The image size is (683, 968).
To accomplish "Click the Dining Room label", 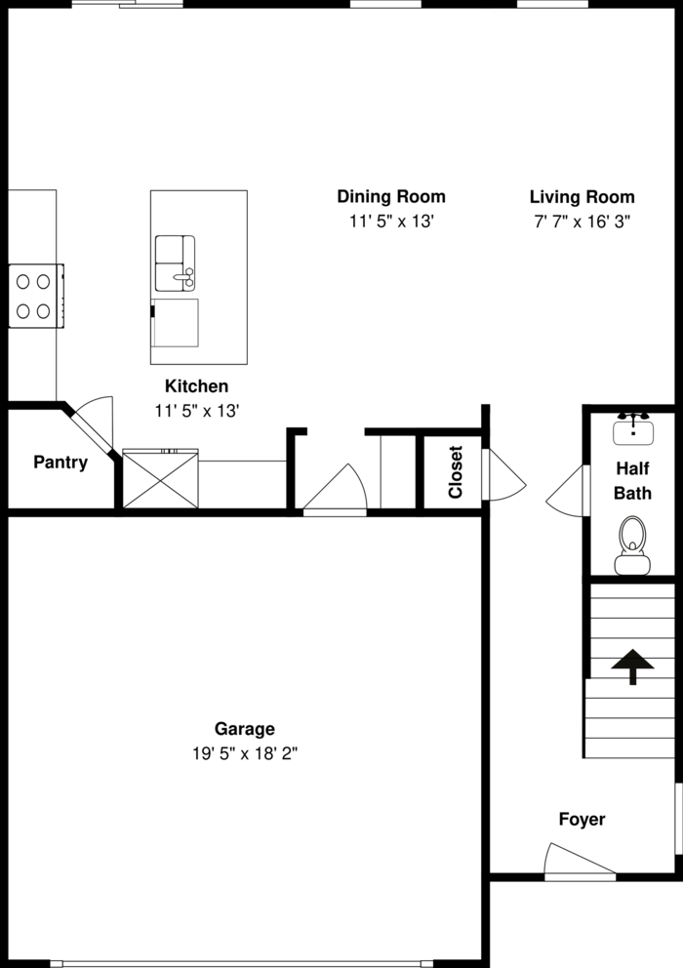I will click(390, 196).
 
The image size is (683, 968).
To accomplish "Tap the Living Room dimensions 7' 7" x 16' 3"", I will click(582, 222).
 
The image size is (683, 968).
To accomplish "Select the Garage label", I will click(244, 728).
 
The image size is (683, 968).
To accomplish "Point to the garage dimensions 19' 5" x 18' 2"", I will click(244, 753).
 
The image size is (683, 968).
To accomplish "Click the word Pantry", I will click(60, 463).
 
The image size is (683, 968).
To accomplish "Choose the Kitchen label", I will click(196, 386).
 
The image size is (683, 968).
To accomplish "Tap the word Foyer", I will click(582, 820).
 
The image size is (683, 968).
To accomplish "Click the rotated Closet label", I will click(456, 472).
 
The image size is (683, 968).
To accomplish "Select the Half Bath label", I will click(632, 480).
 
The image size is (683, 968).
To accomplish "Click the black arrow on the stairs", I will click(632, 667).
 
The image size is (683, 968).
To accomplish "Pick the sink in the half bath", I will click(633, 428).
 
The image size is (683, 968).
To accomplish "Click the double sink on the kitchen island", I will click(175, 262).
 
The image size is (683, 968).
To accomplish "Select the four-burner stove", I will click(32, 297).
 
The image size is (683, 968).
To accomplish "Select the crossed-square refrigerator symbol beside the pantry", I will click(160, 480).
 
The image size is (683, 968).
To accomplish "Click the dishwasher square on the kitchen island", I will click(176, 323).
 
